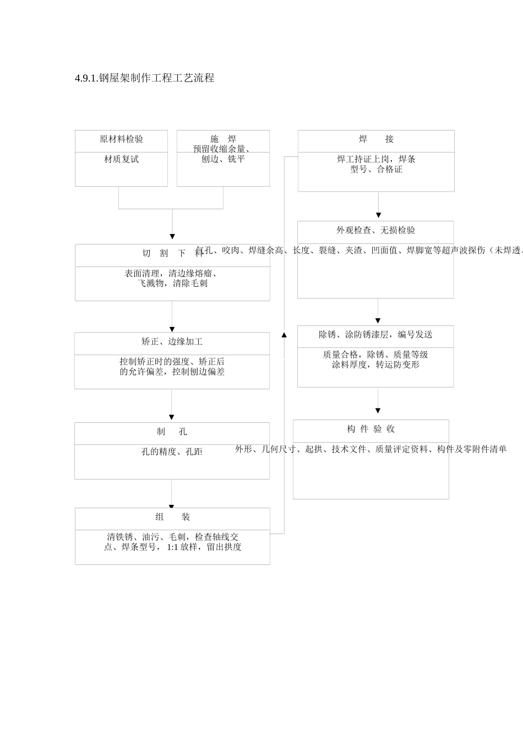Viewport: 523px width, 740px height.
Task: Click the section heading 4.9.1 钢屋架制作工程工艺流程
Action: pos(144,78)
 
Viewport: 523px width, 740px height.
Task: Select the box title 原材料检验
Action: pos(121,139)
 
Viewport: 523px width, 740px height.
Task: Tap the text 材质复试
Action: pos(121,159)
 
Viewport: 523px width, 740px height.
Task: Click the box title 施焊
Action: pos(223,139)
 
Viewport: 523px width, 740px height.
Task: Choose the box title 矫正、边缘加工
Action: pos(172,342)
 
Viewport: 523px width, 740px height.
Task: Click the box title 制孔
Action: pos(172,432)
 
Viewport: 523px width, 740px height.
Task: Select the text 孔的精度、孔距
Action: pos(172,451)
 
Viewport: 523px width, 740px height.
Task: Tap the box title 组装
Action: pos(172,517)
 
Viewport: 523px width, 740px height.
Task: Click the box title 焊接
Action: pos(376,139)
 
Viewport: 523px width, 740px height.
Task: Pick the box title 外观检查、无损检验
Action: pos(375,230)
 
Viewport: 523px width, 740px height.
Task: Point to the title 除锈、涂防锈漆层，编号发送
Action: pos(375,335)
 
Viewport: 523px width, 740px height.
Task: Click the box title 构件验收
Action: pos(371,429)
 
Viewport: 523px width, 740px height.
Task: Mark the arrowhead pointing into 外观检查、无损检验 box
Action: pos(378,215)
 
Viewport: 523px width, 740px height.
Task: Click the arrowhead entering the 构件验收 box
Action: pos(378,411)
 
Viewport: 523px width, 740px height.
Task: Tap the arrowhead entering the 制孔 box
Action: pos(171,417)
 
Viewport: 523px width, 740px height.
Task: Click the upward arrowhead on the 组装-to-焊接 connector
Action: pos(284,334)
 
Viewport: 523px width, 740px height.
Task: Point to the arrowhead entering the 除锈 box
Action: pos(378,320)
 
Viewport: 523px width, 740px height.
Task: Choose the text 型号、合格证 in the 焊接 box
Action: pos(376,170)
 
